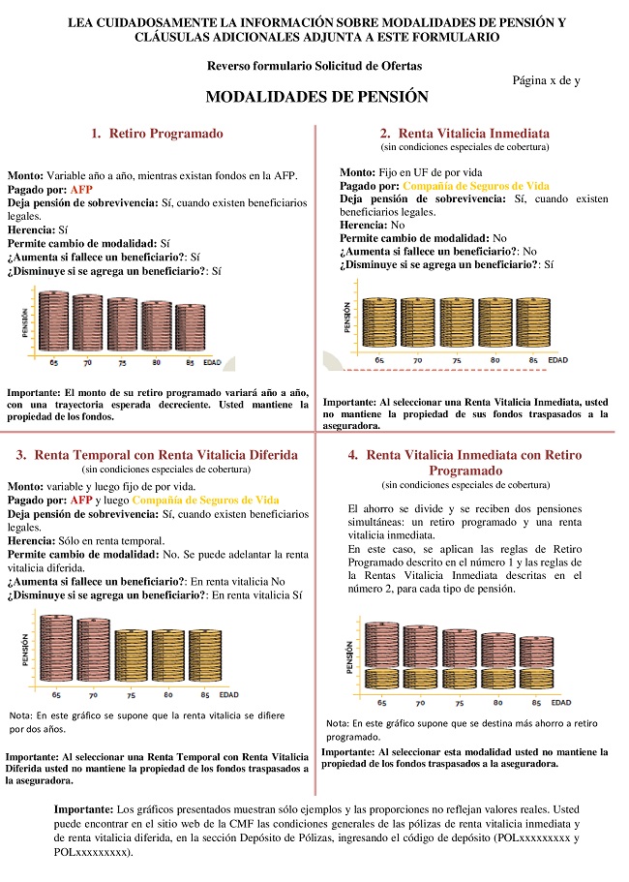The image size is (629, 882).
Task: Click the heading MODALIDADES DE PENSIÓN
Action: click(x=316, y=98)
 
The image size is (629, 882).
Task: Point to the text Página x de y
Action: click(x=546, y=80)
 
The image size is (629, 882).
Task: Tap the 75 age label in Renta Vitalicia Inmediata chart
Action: click(x=457, y=360)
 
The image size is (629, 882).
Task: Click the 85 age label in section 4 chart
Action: click(x=531, y=702)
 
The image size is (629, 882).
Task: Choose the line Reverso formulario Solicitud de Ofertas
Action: click(x=314, y=66)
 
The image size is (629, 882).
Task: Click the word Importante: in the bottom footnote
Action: click(x=83, y=807)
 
